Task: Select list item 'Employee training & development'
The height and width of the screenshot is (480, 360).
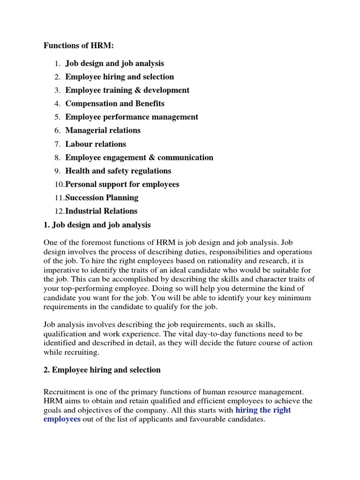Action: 127,90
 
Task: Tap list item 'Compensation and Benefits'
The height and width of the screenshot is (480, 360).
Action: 115,104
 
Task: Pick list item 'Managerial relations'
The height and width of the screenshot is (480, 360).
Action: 103,130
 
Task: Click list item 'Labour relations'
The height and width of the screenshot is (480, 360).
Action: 96,144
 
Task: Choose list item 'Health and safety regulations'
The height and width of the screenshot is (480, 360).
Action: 118,171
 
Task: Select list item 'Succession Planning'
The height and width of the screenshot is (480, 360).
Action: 102,198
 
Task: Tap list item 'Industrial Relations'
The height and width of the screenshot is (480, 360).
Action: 101,211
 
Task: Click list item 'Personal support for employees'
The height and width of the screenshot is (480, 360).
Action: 122,185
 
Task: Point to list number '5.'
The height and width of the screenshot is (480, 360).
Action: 57,117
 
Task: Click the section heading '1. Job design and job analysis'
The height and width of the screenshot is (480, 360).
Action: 97,225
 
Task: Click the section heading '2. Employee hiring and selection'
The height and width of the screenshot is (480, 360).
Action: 102,370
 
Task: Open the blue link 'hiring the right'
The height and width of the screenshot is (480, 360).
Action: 263,410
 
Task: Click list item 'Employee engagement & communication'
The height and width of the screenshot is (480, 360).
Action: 139,157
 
